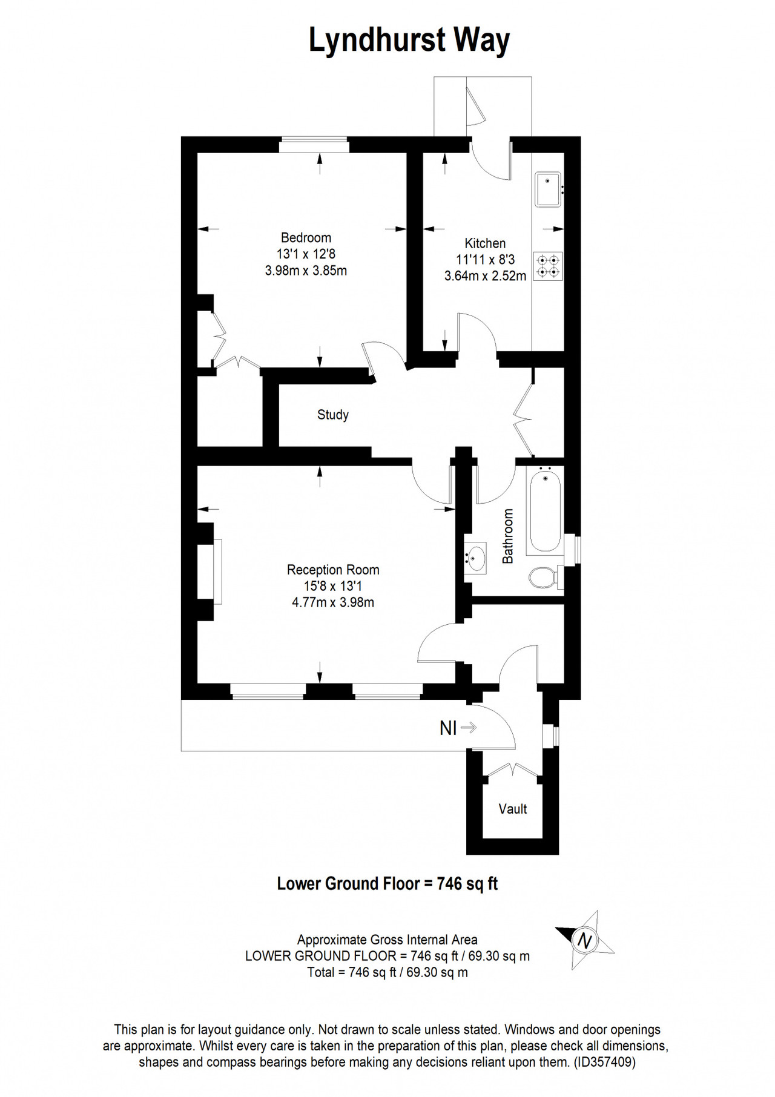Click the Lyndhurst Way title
409,41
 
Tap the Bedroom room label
306,238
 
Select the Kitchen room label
485,243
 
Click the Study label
333,415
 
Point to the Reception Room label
333,570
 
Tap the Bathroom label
507,536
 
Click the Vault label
513,809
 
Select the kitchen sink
549,189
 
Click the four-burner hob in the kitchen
548,266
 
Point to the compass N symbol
584,941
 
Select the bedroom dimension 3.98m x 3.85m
306,271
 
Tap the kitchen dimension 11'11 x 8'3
485,260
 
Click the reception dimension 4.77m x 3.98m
333,602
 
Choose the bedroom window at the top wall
314,145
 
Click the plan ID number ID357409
605,1062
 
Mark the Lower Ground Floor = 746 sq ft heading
387,884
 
